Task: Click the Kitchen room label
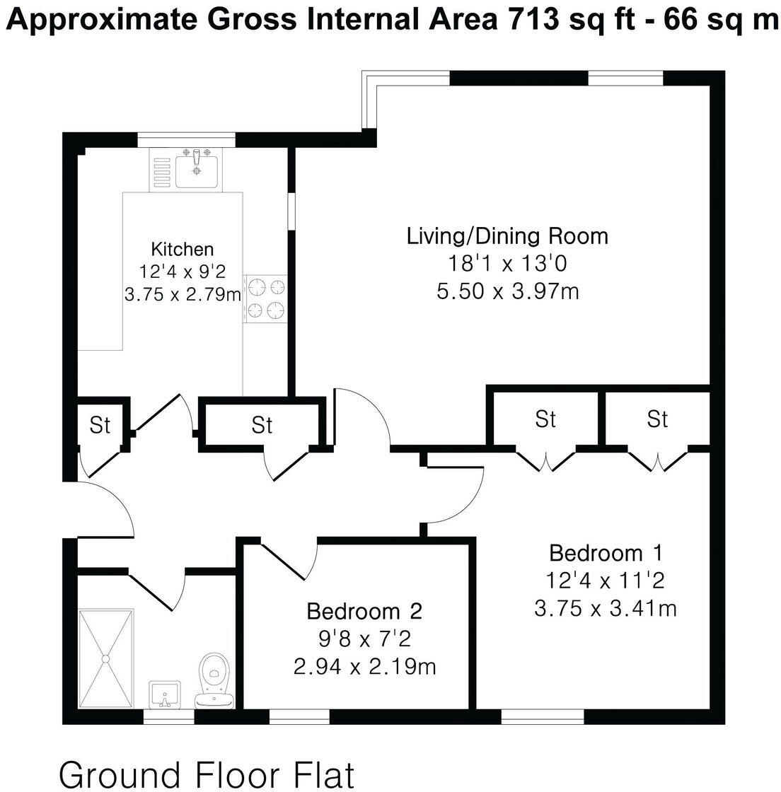click(182, 249)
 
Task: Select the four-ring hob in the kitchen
click(266, 298)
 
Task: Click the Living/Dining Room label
click(507, 235)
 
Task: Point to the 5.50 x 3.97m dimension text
click(507, 291)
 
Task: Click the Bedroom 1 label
click(605, 552)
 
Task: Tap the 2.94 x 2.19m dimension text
click(364, 666)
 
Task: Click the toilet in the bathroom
click(214, 675)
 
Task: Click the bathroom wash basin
click(165, 693)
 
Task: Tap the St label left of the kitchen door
click(100, 425)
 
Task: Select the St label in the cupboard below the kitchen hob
click(262, 425)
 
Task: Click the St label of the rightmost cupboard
click(657, 419)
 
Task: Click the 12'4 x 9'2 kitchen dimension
click(182, 271)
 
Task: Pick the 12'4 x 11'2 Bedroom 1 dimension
click(605, 581)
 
